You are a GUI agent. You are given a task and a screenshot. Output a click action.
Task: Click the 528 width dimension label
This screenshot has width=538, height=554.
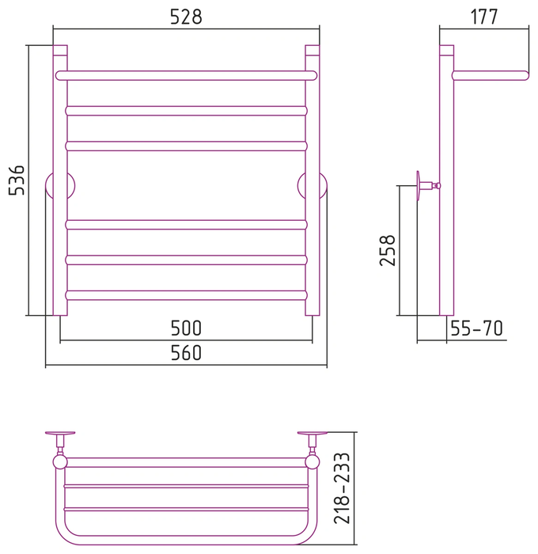(x=186, y=17)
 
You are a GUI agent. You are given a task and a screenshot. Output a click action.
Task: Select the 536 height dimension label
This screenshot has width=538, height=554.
(x=17, y=180)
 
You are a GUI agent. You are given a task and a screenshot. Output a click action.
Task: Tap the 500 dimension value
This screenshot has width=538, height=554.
(x=186, y=328)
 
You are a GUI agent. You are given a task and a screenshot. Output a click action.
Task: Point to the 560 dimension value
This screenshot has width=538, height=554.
(x=186, y=353)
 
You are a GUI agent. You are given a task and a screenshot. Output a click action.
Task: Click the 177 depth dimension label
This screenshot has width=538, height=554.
(x=484, y=17)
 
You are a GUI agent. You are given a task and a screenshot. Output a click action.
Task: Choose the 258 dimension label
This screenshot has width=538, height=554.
(x=387, y=250)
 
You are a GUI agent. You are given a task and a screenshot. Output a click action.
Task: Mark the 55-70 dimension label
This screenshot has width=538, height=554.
(x=476, y=328)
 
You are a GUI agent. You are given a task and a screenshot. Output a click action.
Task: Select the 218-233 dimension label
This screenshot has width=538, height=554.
(x=342, y=488)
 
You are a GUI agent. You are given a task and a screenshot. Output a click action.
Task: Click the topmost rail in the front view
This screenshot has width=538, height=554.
(x=186, y=76)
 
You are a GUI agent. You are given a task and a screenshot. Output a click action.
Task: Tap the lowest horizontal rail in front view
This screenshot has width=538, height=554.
(x=186, y=295)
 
